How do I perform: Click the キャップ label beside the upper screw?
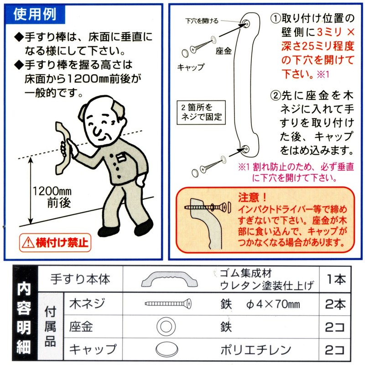191,67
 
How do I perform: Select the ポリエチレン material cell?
255,350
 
